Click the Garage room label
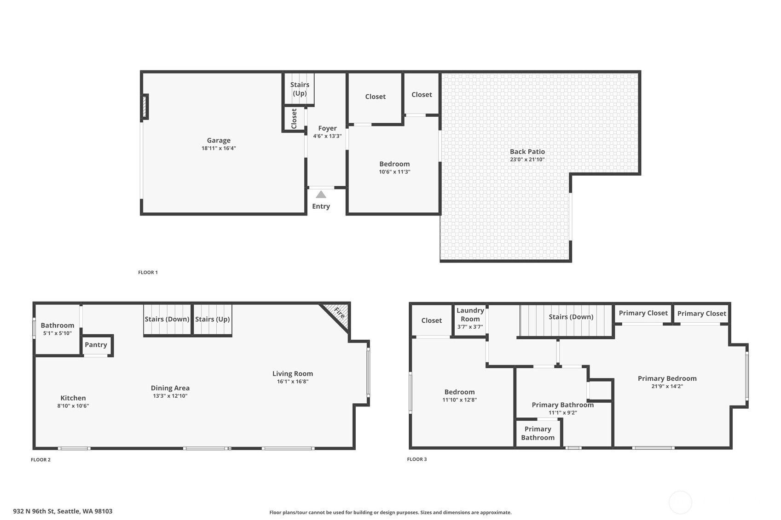pyautogui.click(x=219, y=140)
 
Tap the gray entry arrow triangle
pyautogui.click(x=321, y=194)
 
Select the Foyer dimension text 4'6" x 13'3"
pyautogui.click(x=327, y=136)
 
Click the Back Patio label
pyautogui.click(x=527, y=152)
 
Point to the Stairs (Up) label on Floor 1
pyautogui.click(x=300, y=89)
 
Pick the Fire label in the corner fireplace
pyautogui.click(x=339, y=313)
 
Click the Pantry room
pyautogui.click(x=96, y=345)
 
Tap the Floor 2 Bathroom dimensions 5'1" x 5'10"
pyautogui.click(x=58, y=333)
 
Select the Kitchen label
pyautogui.click(x=73, y=398)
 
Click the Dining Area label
pyautogui.click(x=170, y=388)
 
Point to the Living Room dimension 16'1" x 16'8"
pyautogui.click(x=293, y=382)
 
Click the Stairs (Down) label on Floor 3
pyautogui.click(x=571, y=317)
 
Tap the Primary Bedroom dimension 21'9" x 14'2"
pyautogui.click(x=667, y=386)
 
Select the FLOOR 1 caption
pyautogui.click(x=148, y=272)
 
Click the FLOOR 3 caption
pyautogui.click(x=417, y=459)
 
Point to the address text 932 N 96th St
pyautogui.click(x=34, y=511)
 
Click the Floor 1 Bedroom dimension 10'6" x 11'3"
pyautogui.click(x=394, y=171)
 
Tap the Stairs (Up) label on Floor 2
pyautogui.click(x=212, y=320)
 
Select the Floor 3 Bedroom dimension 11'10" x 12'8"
pyautogui.click(x=459, y=400)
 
